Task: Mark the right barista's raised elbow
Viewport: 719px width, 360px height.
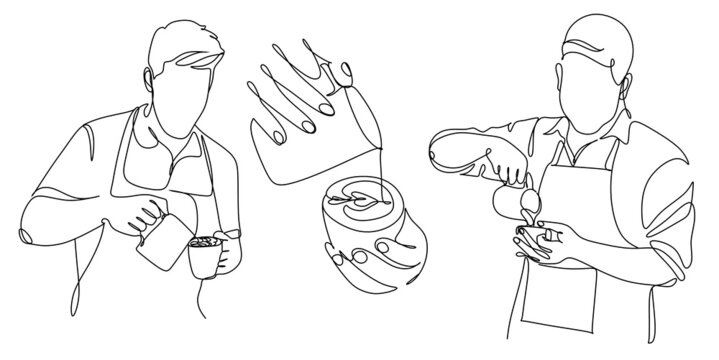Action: [x=436, y=155]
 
